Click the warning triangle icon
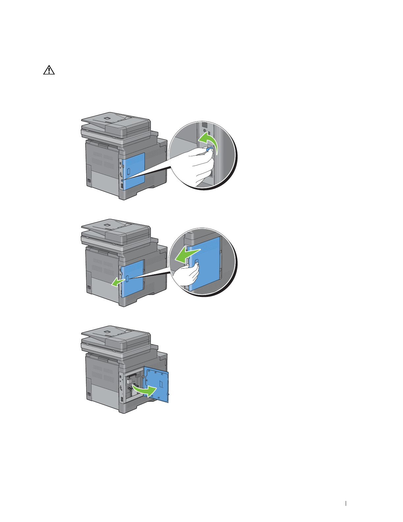coord(49,70)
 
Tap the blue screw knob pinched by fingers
coord(208,150)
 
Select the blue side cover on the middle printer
coord(133,277)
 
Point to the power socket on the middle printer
coord(89,288)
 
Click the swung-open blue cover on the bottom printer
coord(158,384)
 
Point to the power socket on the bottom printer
coord(89,395)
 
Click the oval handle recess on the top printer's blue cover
coord(129,171)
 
